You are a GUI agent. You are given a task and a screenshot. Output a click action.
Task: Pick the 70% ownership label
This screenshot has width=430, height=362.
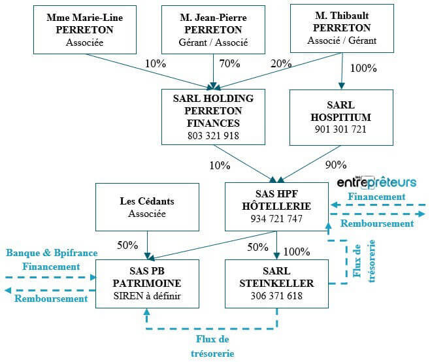coord(229,63)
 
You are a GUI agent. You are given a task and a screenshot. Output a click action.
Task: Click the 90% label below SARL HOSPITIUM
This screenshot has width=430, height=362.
coord(335,165)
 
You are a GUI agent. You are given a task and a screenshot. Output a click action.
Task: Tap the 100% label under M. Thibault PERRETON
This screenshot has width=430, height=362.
coord(364,68)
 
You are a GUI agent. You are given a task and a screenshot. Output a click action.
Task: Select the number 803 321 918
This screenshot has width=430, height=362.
coord(213,136)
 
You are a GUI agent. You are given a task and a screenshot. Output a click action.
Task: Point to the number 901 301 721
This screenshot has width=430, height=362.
coord(340,129)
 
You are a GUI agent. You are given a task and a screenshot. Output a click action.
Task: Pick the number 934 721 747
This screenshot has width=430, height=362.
coord(276,219)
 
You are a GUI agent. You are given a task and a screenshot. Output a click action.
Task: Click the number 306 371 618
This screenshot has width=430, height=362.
coord(276,296)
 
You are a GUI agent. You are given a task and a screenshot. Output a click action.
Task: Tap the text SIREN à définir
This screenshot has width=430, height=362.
coord(147,296)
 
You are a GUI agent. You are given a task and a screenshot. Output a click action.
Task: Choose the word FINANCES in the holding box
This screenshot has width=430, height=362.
coord(213,123)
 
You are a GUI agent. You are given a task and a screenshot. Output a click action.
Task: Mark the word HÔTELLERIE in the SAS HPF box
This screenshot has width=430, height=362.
coord(276,206)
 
